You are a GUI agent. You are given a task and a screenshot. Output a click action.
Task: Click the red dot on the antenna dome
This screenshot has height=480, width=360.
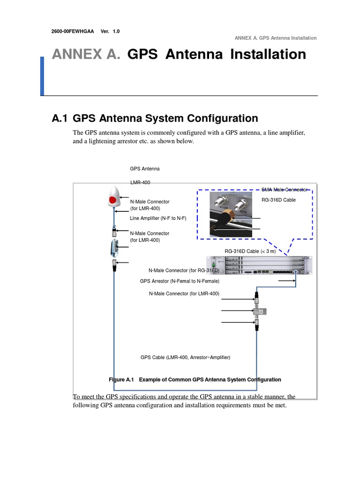(112, 200)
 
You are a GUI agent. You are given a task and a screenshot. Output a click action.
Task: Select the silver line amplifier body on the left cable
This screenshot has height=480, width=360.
(113, 248)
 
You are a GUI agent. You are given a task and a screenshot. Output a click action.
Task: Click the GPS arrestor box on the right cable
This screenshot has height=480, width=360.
(259, 312)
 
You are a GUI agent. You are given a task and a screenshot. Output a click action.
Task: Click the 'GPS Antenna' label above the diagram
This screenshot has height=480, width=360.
(144, 169)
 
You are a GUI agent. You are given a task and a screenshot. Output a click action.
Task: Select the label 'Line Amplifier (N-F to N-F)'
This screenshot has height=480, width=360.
(159, 218)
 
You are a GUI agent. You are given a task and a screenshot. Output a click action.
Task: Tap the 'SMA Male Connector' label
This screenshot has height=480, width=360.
(284, 189)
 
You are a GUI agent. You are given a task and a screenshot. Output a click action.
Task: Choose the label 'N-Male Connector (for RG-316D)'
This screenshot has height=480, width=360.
(184, 270)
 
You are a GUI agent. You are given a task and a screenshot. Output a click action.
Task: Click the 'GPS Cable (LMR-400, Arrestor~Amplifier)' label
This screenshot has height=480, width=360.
(185, 357)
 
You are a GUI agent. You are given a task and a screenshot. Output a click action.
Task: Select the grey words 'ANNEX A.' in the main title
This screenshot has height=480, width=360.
(86, 54)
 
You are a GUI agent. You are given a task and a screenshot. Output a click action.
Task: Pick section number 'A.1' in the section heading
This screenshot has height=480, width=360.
(60, 119)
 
